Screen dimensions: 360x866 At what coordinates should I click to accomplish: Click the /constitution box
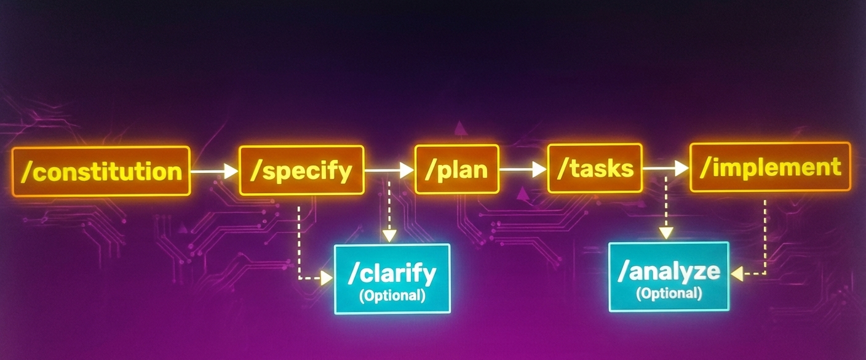tap(101, 170)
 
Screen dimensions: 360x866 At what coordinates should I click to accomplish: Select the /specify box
tap(301, 170)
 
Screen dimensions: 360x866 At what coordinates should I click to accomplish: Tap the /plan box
tap(456, 169)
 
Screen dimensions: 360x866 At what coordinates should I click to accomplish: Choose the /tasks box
tap(595, 168)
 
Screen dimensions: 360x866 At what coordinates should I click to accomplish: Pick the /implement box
tap(770, 167)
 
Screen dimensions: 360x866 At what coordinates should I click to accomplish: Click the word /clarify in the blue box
tap(392, 273)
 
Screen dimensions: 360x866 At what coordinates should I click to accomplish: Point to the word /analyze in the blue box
tap(669, 271)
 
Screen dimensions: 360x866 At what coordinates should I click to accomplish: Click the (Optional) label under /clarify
tap(392, 295)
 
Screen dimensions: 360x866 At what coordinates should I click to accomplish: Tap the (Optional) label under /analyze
tap(669, 293)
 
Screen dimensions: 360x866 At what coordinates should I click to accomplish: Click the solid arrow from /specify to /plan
tap(389, 170)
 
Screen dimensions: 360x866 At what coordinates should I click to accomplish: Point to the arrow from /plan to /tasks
tap(523, 169)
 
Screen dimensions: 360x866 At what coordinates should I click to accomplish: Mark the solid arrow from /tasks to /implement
tap(665, 168)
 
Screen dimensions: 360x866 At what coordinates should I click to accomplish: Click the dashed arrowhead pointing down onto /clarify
tap(389, 235)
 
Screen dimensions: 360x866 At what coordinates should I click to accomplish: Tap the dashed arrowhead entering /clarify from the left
tap(326, 278)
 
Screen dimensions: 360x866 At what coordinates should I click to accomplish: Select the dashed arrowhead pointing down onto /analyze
tap(665, 233)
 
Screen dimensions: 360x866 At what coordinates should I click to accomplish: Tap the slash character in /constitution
tap(25, 171)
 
